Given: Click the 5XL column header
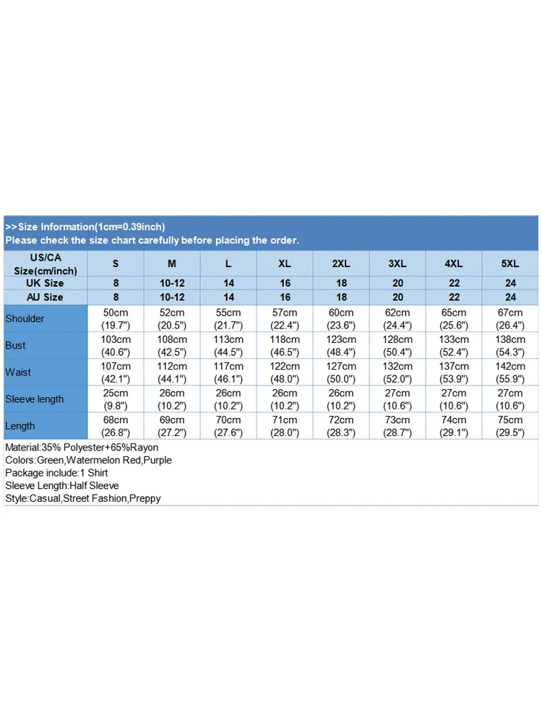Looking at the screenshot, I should pos(510,264).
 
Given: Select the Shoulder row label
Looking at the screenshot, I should pos(25,318).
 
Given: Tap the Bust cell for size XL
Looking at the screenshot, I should pos(285,345).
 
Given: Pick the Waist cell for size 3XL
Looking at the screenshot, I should pos(397,372).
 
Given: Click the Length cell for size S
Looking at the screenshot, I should pos(116,426).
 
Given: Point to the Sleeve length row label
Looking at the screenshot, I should pos(34,399).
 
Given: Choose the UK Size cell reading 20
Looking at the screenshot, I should pos(397,283).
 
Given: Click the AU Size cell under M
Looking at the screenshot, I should pos(172,297).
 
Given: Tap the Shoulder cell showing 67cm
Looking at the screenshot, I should pos(510,318).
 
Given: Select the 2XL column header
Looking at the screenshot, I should pos(341,264).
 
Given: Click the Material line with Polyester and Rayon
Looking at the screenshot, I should pos(81,448).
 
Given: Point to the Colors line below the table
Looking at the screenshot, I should pos(88,460).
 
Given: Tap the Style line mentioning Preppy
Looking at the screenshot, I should pos(82,498).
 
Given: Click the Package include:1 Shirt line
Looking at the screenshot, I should pos(57,473).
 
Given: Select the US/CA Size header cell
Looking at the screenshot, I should pos(45,264).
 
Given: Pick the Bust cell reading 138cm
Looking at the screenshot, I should pos(510,345).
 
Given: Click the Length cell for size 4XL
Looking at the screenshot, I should pos(454,426).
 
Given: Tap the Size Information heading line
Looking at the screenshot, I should pos(85,227).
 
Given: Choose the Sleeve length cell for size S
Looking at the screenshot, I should pos(116,399).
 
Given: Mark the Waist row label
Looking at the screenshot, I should pos(18,372).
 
